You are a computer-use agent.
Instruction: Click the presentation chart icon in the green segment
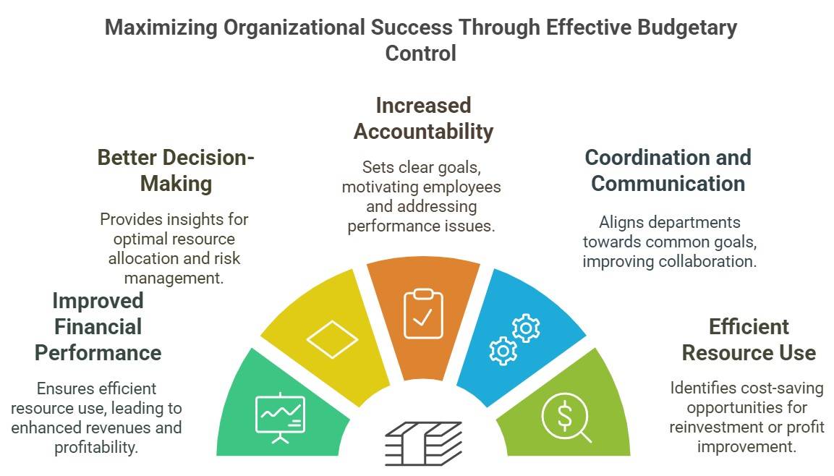coord(280,417)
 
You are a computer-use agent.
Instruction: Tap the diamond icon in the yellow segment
coord(332,339)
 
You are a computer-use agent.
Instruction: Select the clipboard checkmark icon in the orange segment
coord(423,313)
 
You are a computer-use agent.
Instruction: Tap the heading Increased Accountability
coord(423,119)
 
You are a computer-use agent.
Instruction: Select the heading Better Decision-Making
coord(176,170)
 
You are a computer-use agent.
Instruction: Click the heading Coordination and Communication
coord(668,170)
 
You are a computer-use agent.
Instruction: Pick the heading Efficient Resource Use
coord(749,339)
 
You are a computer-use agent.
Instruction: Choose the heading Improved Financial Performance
coord(98,326)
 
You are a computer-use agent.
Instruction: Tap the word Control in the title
coord(420,54)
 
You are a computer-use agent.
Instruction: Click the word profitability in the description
coord(96,447)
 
